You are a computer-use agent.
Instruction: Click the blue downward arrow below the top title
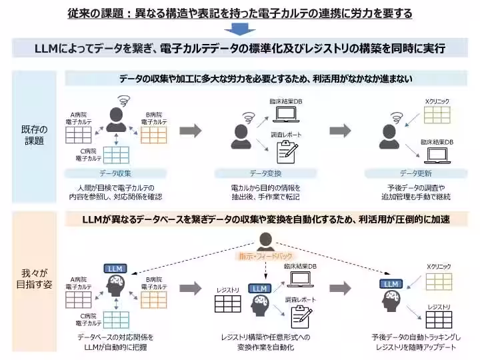coord(239,29)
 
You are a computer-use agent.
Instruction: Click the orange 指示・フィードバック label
coord(266,256)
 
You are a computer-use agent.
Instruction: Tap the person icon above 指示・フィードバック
coord(266,240)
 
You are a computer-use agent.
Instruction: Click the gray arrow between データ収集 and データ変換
coord(191,130)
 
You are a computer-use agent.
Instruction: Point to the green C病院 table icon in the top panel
coord(116,155)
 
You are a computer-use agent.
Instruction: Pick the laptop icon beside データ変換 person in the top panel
coord(286,117)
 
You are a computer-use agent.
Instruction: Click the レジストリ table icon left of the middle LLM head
coord(228,304)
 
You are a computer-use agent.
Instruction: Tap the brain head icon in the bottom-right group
coord(392,301)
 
